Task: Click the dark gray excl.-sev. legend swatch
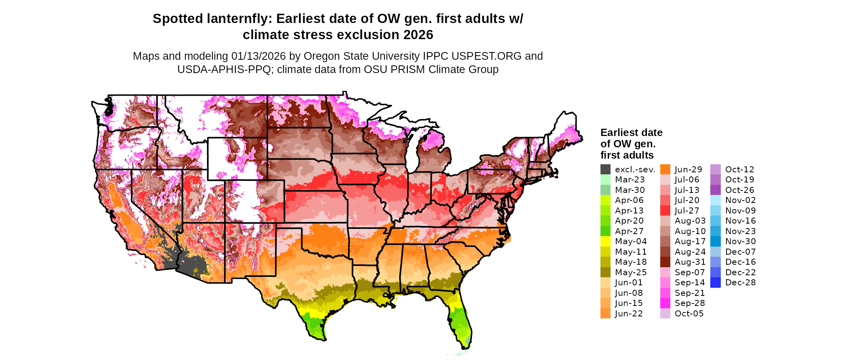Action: (605, 170)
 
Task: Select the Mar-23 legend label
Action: (630, 180)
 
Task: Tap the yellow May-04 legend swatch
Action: (605, 241)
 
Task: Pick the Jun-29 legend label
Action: (688, 170)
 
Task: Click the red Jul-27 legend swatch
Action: (665, 211)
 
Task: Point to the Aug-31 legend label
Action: (690, 262)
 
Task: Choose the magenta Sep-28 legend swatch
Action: (665, 303)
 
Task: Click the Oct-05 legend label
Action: (689, 314)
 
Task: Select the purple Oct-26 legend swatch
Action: (716, 190)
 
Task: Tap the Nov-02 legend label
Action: (741, 200)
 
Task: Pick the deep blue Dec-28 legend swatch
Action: (716, 283)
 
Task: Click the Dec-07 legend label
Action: (741, 252)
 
